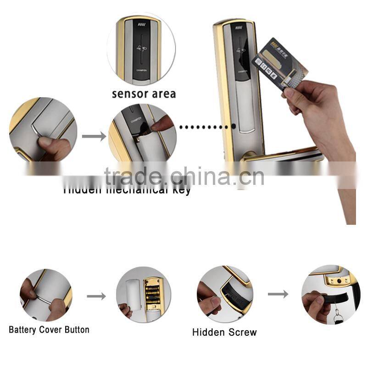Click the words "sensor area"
(144, 94)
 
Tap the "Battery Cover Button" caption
(49, 329)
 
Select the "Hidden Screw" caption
(224, 332)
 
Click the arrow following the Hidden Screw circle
(278, 294)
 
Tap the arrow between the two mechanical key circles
(93, 136)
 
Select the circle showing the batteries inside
(143, 294)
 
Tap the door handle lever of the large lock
(280, 155)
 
